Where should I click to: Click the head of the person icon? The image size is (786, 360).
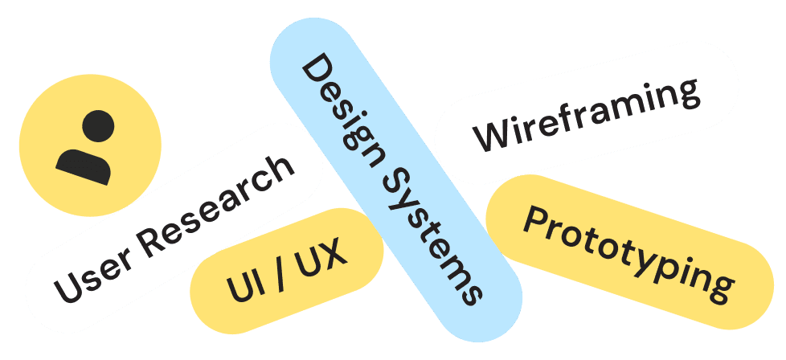click(x=97, y=127)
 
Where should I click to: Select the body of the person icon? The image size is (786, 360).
click(x=84, y=164)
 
